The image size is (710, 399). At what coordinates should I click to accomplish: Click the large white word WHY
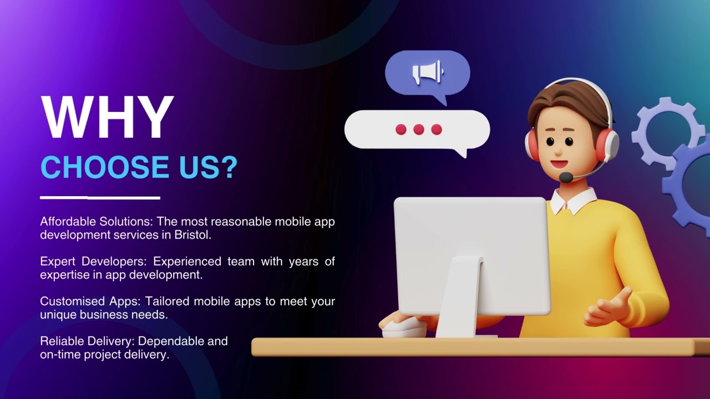click(x=107, y=117)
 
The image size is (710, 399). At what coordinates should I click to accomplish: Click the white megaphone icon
click(x=427, y=72)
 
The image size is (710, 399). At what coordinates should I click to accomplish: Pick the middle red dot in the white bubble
click(x=419, y=130)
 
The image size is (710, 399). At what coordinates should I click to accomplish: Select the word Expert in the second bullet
click(x=58, y=262)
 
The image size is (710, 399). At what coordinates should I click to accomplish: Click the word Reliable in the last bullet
click(x=60, y=341)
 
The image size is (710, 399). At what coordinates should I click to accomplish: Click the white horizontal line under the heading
click(x=100, y=197)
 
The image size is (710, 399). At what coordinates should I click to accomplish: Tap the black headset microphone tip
click(x=565, y=177)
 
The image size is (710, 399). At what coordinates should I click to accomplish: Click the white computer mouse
click(x=403, y=328)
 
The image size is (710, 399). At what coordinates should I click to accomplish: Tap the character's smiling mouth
click(x=559, y=164)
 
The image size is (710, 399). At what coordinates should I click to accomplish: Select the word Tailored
click(x=167, y=301)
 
